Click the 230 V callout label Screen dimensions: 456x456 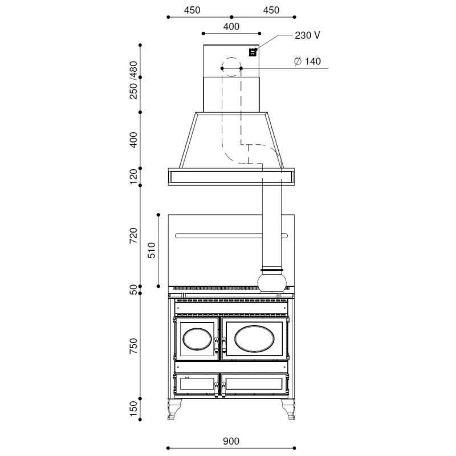(x=307, y=35)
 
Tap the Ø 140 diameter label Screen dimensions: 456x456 (x=307, y=62)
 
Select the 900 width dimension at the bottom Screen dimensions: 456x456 (x=231, y=441)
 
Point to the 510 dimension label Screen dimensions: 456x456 (x=152, y=250)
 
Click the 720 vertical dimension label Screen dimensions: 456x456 (x=133, y=235)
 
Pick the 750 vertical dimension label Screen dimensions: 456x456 (x=133, y=346)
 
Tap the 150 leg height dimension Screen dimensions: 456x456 (x=133, y=409)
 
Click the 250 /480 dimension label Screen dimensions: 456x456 (x=133, y=80)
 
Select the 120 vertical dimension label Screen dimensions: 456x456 (x=133, y=177)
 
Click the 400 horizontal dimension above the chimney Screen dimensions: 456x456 (x=231, y=26)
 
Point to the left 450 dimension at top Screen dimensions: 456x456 (x=192, y=10)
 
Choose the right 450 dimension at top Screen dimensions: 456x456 (x=271, y=10)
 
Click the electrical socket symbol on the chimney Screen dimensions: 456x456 (x=253, y=52)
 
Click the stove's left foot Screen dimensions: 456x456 (x=174, y=409)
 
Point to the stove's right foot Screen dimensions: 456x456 (x=288, y=409)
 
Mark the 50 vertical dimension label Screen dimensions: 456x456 (x=133, y=290)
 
